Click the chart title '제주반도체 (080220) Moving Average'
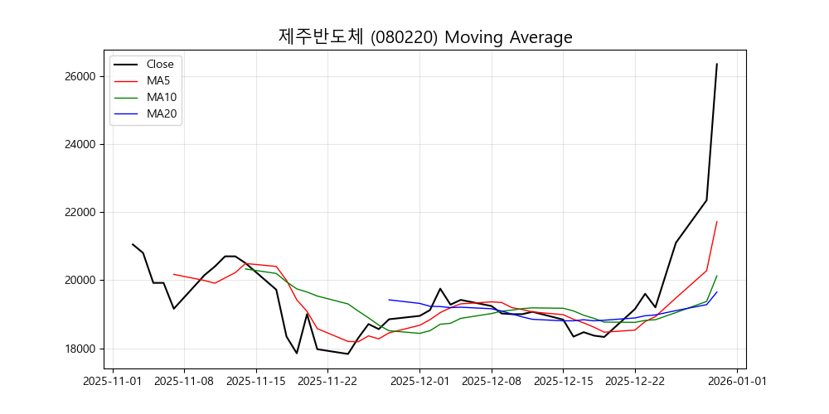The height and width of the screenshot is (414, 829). tap(425, 37)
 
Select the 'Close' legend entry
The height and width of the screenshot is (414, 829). tap(160, 64)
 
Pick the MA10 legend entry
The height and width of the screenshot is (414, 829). tap(162, 97)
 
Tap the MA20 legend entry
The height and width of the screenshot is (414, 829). tap(162, 113)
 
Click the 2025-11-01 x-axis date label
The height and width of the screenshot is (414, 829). tap(112, 381)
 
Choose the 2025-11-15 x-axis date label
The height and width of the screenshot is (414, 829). tap(255, 381)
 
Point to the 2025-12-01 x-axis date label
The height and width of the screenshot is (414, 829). tap(419, 381)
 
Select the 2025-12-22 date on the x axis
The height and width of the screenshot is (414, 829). tap(635, 381)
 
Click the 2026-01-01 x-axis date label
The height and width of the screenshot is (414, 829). tap(738, 381)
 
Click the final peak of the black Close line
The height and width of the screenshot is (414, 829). tap(717, 64)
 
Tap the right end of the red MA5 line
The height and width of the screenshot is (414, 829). tap(717, 221)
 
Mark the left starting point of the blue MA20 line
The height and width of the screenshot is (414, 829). tap(389, 300)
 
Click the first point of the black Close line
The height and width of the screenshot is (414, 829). tap(133, 244)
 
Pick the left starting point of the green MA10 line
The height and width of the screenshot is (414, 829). tap(245, 269)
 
